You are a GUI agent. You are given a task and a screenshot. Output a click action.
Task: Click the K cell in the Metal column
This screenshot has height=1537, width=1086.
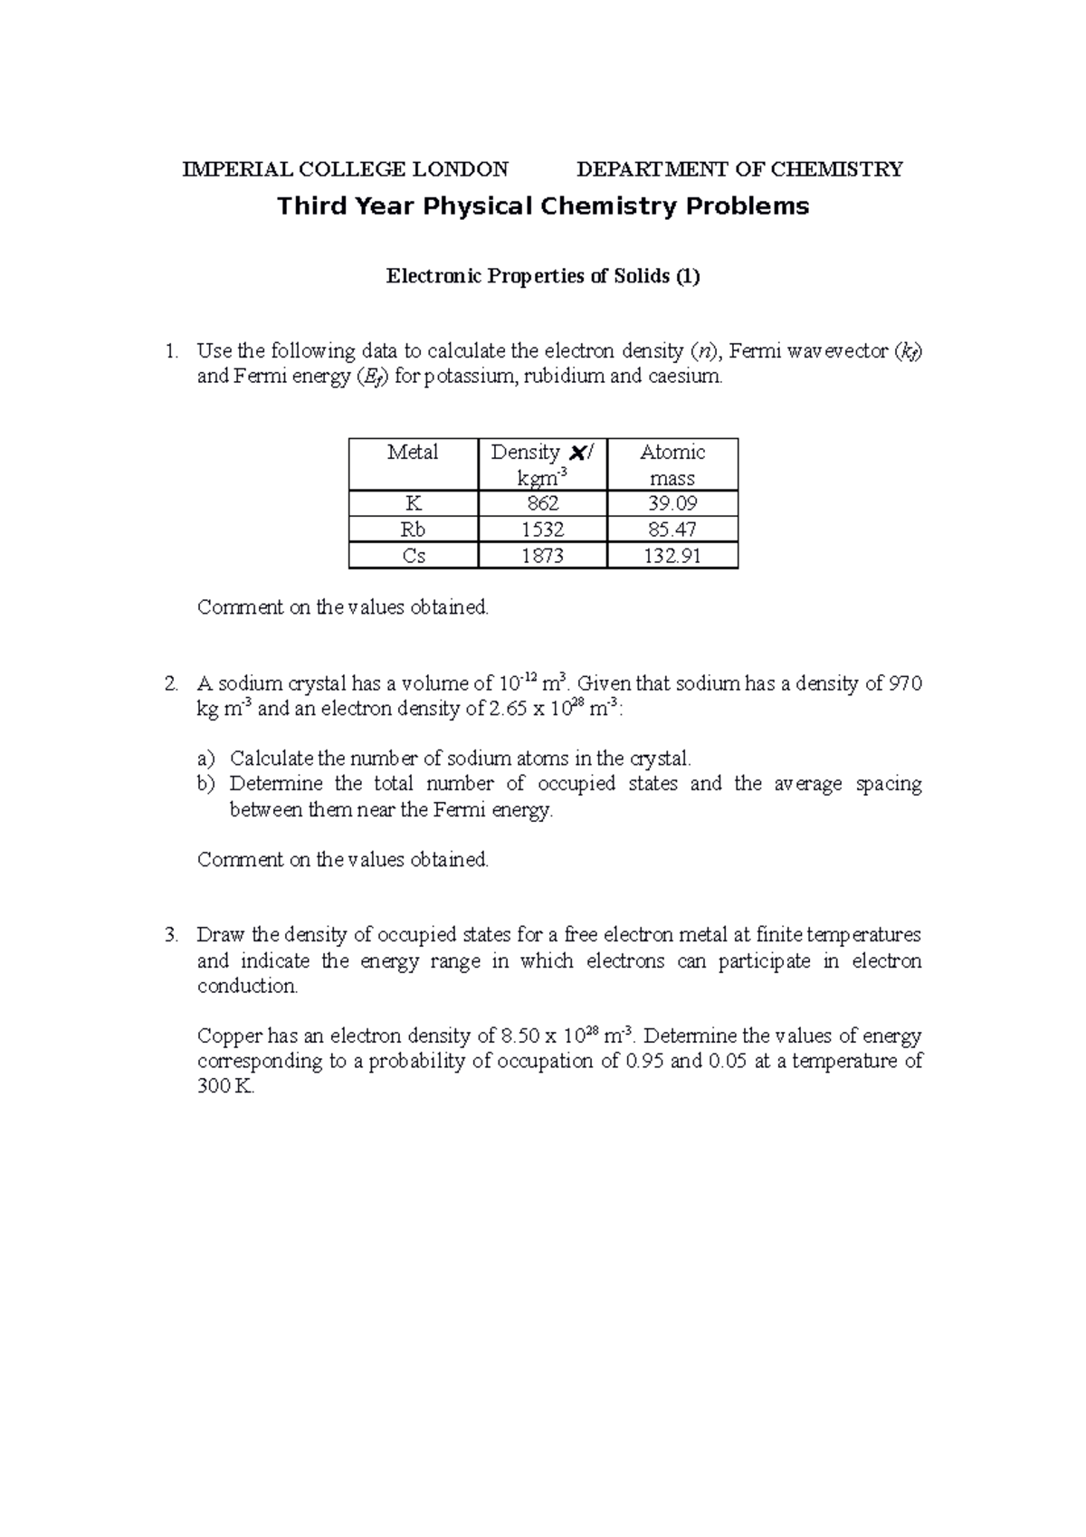414,504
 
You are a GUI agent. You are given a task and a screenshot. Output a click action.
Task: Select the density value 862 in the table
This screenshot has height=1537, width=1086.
542,504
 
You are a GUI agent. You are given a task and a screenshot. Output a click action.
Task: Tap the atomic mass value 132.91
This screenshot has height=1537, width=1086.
672,556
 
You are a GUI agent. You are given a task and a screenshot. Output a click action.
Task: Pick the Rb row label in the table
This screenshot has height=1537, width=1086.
414,530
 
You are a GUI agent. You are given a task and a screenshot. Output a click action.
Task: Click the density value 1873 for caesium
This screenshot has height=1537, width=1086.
542,556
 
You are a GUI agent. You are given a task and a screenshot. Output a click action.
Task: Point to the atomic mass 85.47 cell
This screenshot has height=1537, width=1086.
672,530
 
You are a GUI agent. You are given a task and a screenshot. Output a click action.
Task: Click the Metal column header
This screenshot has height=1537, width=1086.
414,453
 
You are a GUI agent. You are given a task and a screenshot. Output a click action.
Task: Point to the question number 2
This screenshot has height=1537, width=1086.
171,684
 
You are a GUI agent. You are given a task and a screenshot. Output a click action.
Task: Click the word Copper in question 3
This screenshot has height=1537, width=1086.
229,1036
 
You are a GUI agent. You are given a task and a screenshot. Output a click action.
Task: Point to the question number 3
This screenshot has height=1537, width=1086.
171,936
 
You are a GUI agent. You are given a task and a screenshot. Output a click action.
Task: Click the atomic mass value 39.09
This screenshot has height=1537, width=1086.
672,504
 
